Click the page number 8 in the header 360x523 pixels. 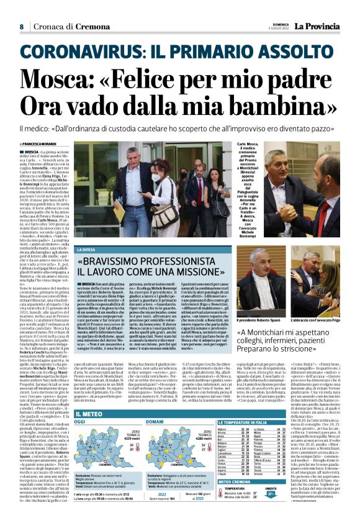21,27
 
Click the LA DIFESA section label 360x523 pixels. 85,250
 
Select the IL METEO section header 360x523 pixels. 90,413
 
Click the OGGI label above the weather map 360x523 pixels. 79,422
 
